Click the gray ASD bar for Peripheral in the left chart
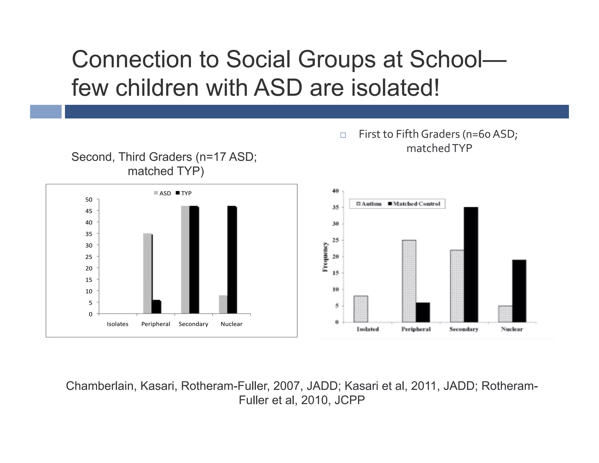147,273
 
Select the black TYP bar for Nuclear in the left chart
232,260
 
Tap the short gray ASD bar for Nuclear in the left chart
223,304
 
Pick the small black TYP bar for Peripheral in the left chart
156,307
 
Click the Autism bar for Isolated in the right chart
361,309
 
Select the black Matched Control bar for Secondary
471,265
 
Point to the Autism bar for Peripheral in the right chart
409,281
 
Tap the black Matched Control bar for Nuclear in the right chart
519,291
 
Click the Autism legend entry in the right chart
369,204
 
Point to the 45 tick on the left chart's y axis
89,211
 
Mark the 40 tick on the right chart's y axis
335,191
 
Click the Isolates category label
118,324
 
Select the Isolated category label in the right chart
368,329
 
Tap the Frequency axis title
325,257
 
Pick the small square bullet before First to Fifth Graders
343,135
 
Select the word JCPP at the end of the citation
350,400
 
